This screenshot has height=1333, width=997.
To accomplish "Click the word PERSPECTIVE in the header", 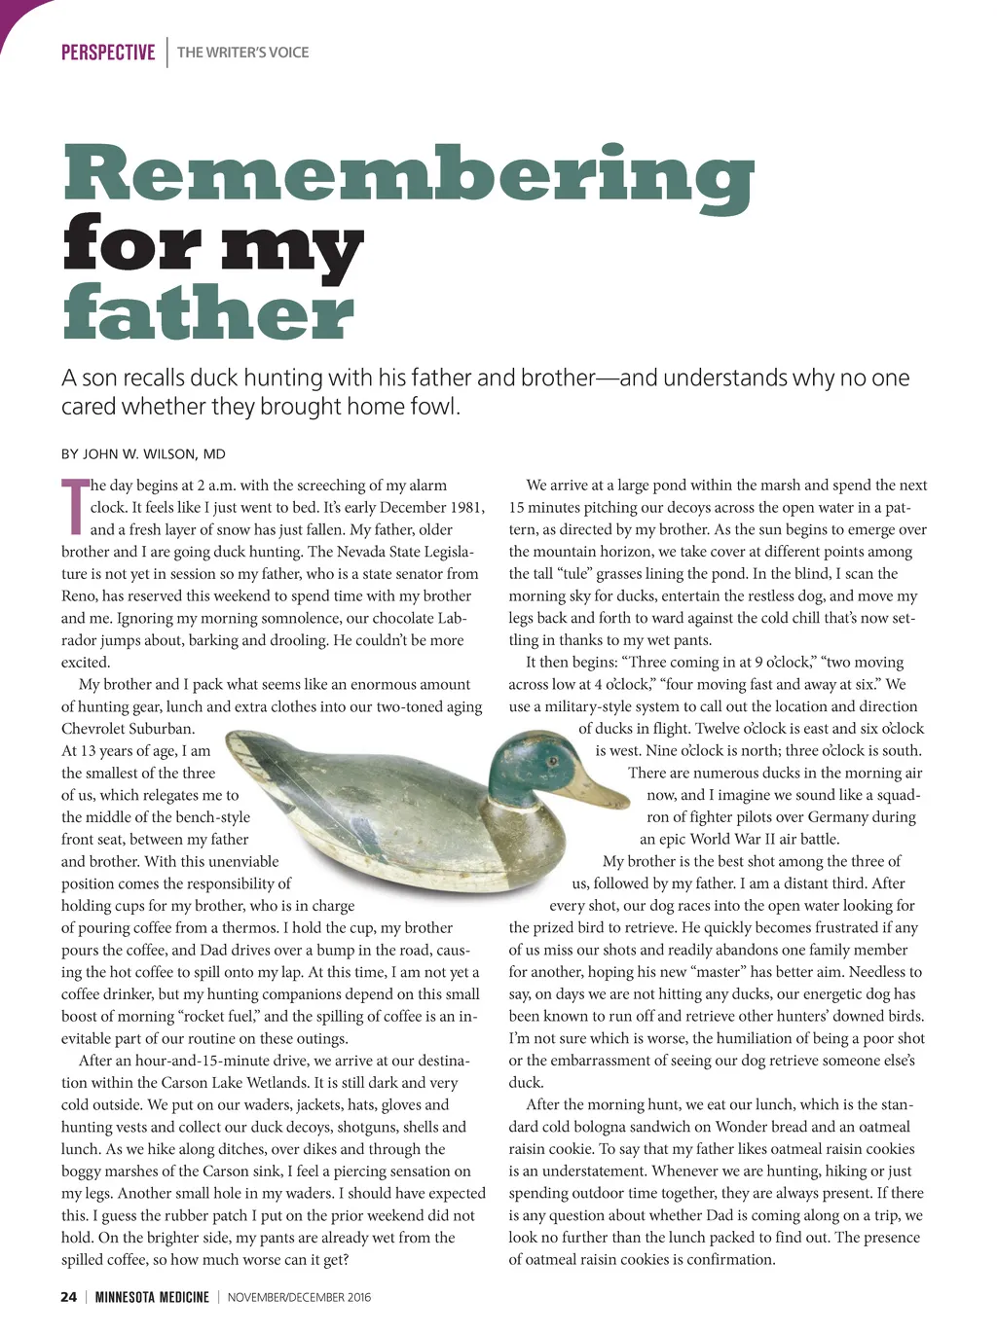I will tap(107, 53).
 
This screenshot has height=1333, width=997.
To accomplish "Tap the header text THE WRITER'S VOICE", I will tap(242, 53).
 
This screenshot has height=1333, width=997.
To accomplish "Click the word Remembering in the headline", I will tap(408, 175).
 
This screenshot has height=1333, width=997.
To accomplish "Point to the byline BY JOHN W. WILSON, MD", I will tap(143, 453).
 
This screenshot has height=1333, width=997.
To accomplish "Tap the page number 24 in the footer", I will tap(68, 1296).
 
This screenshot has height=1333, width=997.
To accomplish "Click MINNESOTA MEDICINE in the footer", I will tap(152, 1296).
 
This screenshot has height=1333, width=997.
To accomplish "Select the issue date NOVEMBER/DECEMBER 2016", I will tap(299, 1296).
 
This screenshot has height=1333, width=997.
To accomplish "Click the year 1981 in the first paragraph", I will tap(467, 507).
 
